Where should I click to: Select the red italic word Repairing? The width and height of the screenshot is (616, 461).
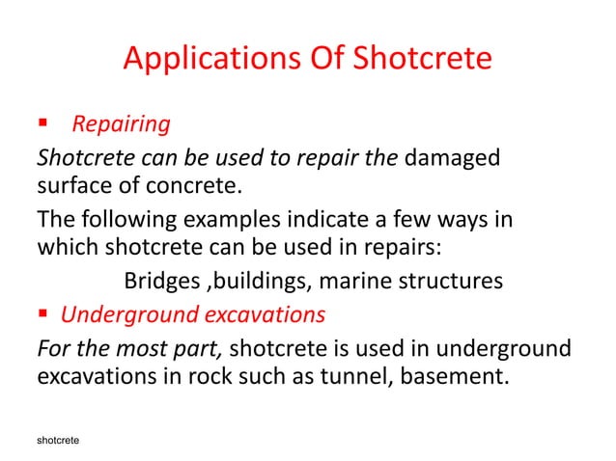[122, 124]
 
